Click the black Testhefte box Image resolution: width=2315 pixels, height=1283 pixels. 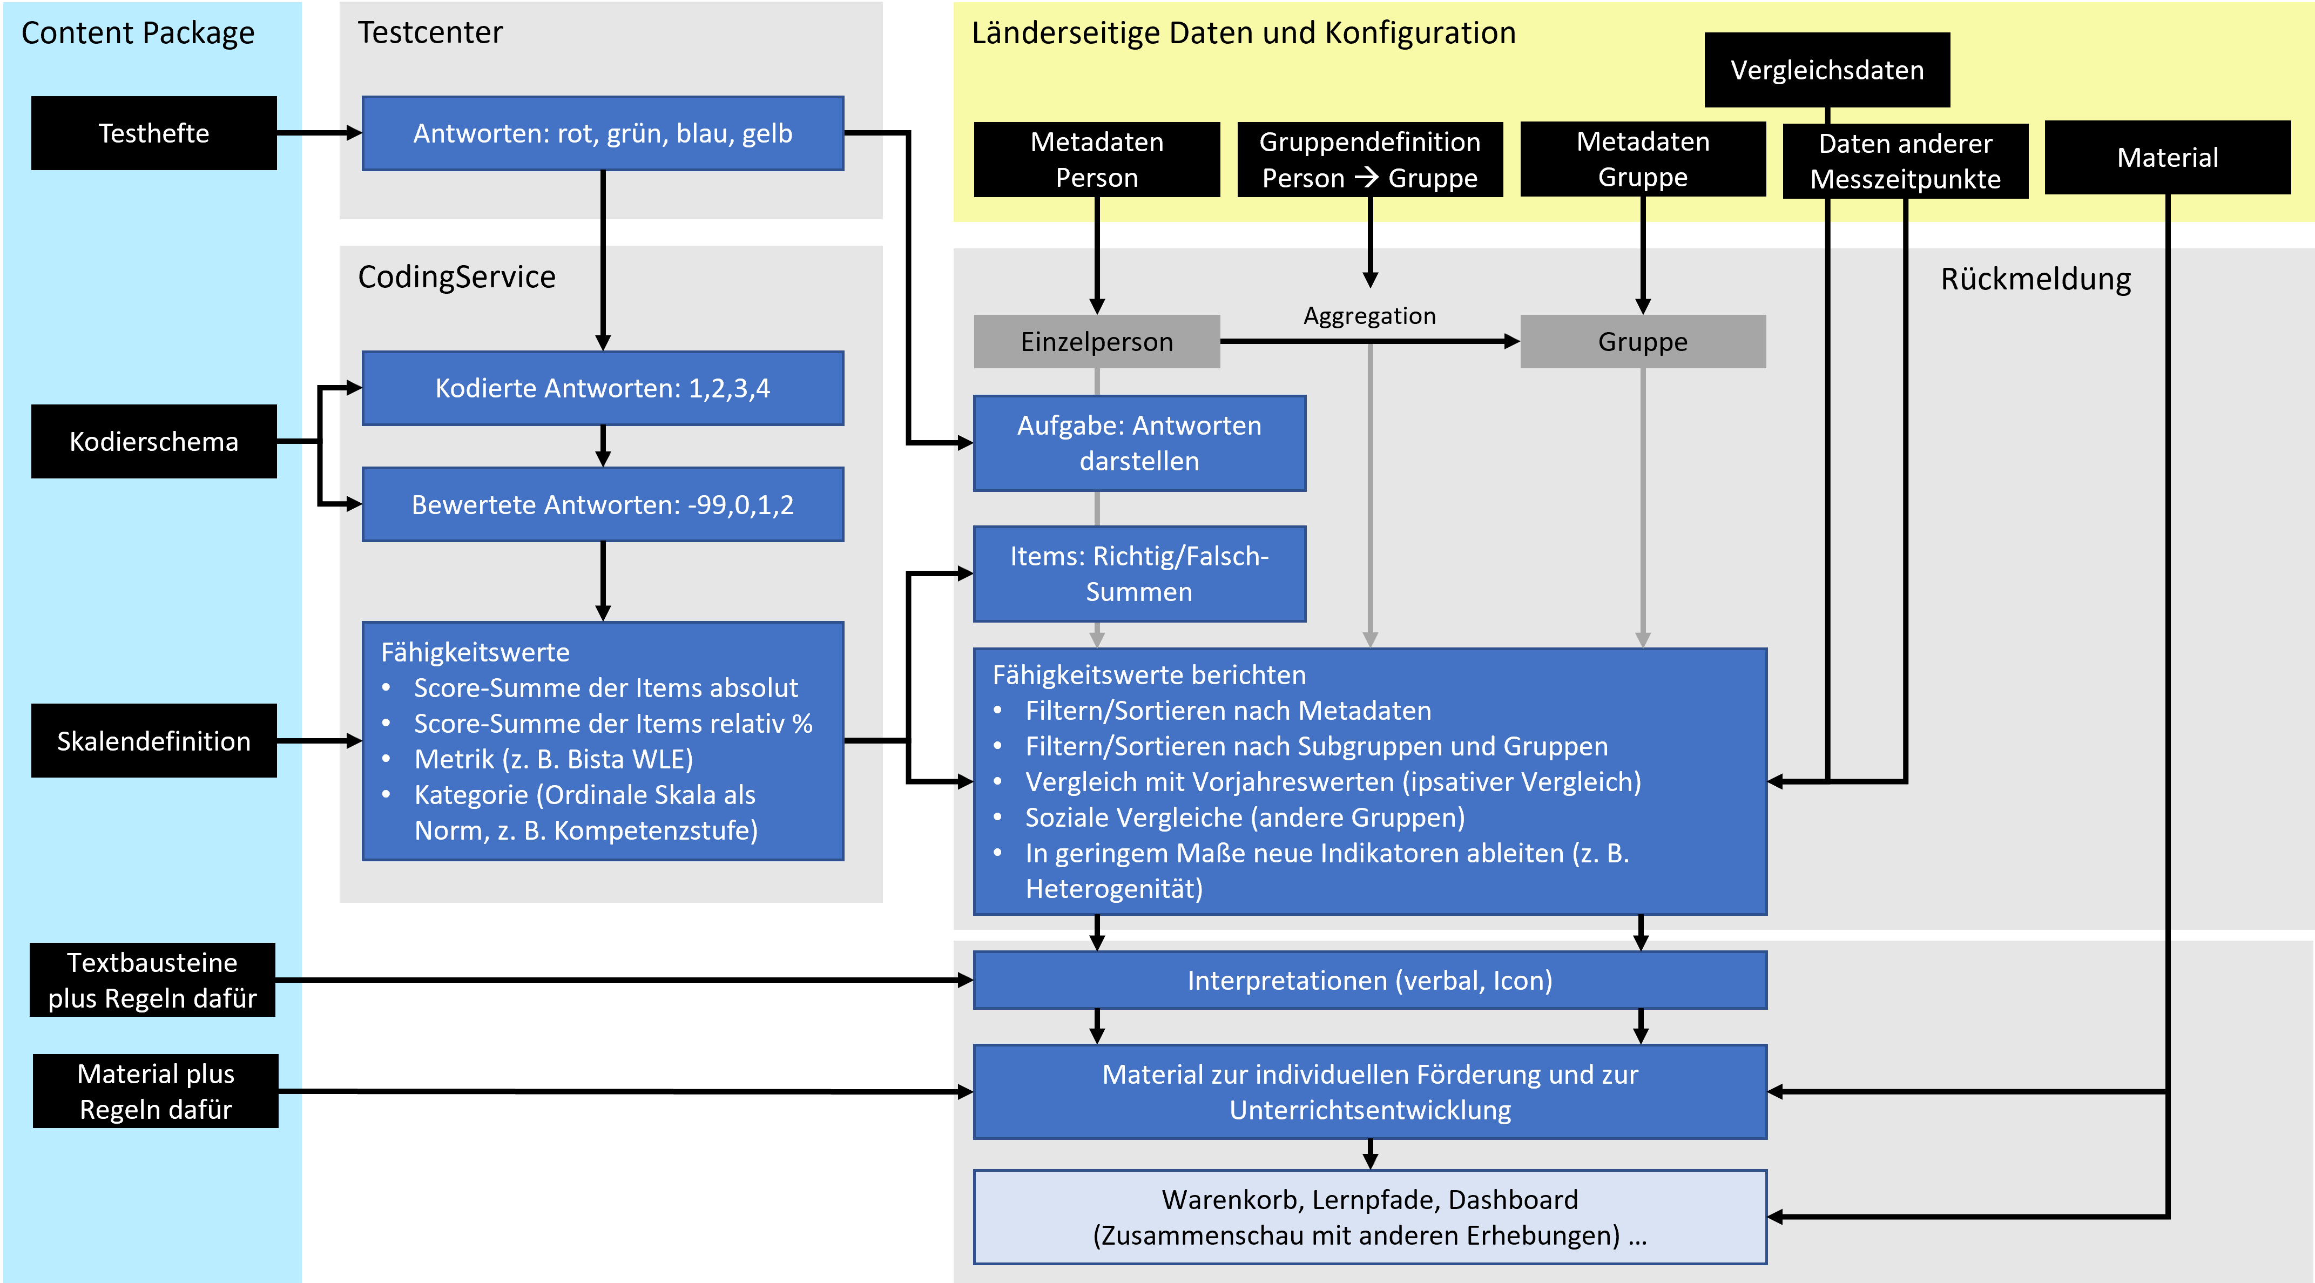pos(154,133)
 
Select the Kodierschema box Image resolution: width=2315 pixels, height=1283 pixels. pos(154,441)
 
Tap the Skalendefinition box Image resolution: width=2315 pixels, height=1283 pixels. pos(154,740)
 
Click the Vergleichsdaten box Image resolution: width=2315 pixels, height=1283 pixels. pos(1826,70)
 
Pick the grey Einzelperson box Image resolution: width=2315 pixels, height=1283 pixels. pos(1096,341)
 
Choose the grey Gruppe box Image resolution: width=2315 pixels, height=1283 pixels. pos(1642,341)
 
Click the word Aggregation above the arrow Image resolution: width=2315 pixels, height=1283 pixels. pos(1369,315)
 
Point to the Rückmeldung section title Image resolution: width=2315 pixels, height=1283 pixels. pos(2035,279)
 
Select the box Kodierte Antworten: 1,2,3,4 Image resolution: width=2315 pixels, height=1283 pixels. pos(602,388)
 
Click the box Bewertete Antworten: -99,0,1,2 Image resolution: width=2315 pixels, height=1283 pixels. pos(602,504)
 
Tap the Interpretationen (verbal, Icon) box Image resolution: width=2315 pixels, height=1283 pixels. pos(1369,980)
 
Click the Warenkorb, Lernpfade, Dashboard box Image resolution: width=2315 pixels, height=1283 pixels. pos(1369,1217)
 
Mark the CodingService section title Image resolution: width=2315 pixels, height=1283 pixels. pos(456,276)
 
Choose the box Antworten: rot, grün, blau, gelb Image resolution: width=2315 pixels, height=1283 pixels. pos(602,133)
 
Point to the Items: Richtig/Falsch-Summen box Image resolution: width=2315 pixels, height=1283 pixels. pos(1139,573)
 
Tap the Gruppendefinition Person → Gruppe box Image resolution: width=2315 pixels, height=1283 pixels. pos(1369,160)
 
